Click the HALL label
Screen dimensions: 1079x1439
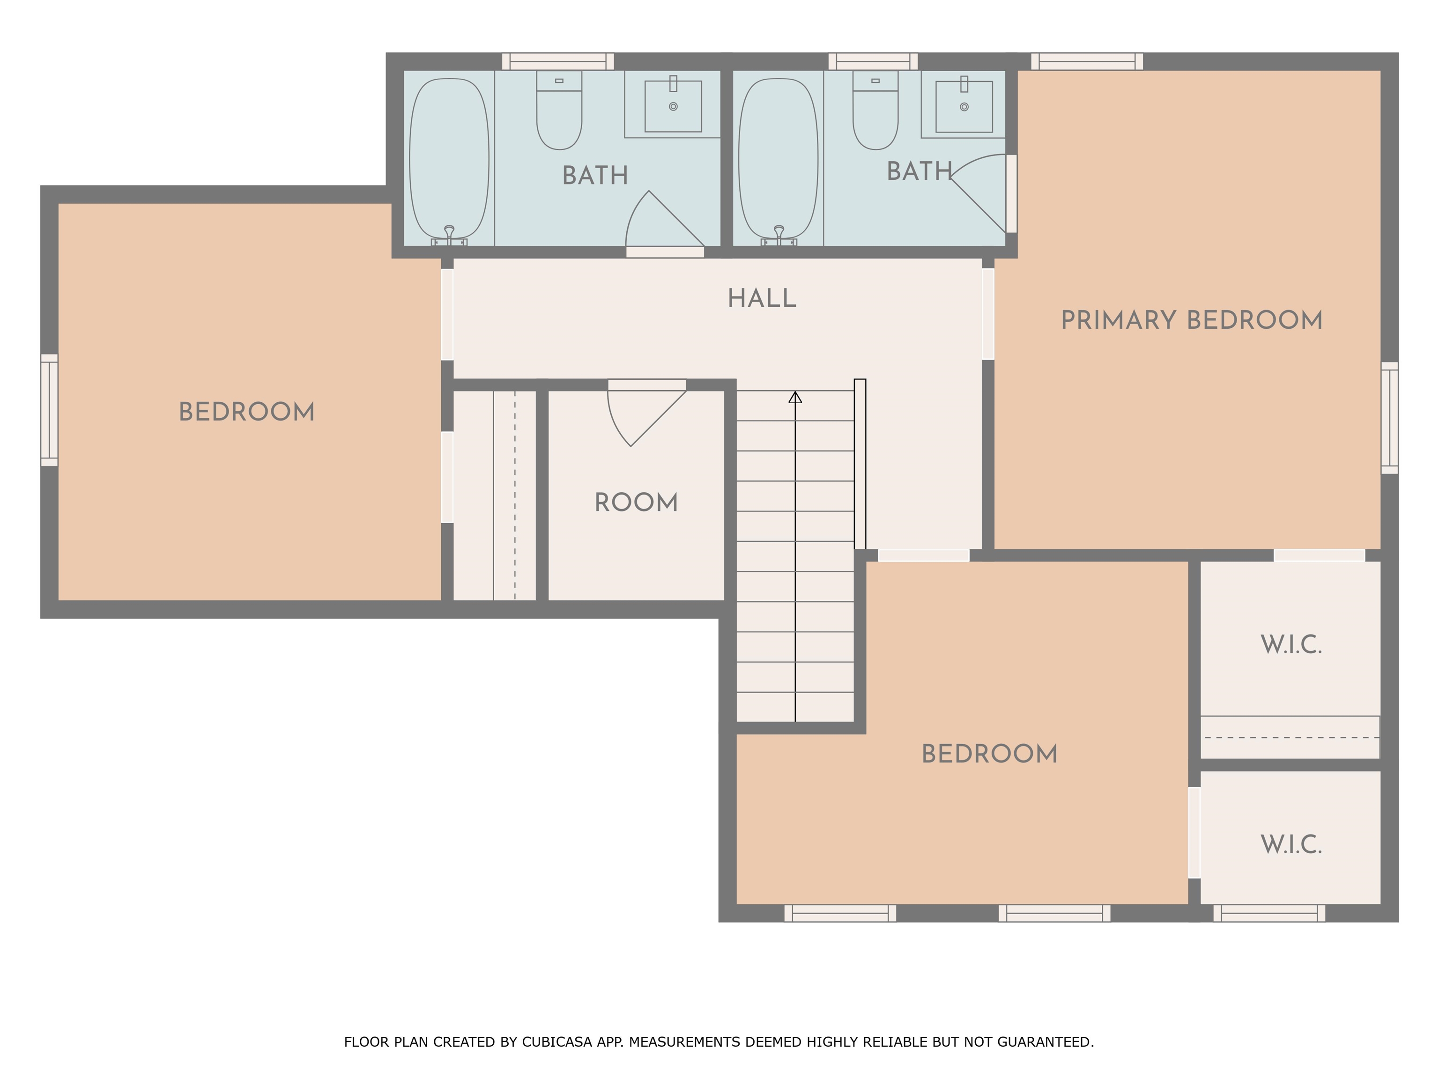pyautogui.click(x=762, y=298)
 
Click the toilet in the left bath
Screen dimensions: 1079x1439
pyautogui.click(x=559, y=111)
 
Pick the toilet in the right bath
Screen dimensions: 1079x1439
pyautogui.click(x=875, y=111)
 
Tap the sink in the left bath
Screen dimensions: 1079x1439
pyautogui.click(x=673, y=106)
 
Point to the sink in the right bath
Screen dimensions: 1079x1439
pyautogui.click(x=964, y=106)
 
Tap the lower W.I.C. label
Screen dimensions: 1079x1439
pyautogui.click(x=1291, y=845)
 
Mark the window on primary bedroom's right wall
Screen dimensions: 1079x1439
pyautogui.click(x=1389, y=418)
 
